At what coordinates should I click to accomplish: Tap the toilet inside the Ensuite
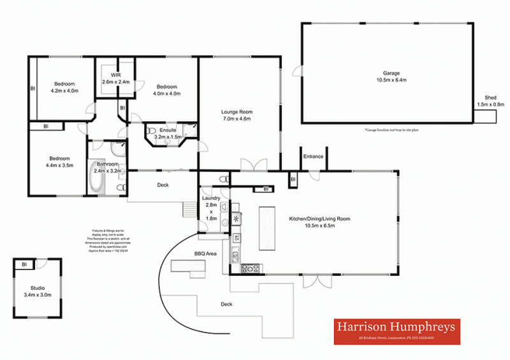click(x=152, y=131)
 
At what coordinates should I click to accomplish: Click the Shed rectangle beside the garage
click(x=485, y=117)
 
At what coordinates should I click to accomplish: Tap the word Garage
click(x=391, y=73)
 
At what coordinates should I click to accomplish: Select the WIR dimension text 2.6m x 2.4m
click(x=115, y=82)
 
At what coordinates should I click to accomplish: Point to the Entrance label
click(x=313, y=156)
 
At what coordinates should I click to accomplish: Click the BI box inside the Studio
click(x=24, y=264)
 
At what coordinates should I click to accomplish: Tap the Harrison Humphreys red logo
click(x=397, y=330)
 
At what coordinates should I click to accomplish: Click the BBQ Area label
click(x=206, y=253)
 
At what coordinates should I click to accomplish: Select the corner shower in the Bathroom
click(x=118, y=148)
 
